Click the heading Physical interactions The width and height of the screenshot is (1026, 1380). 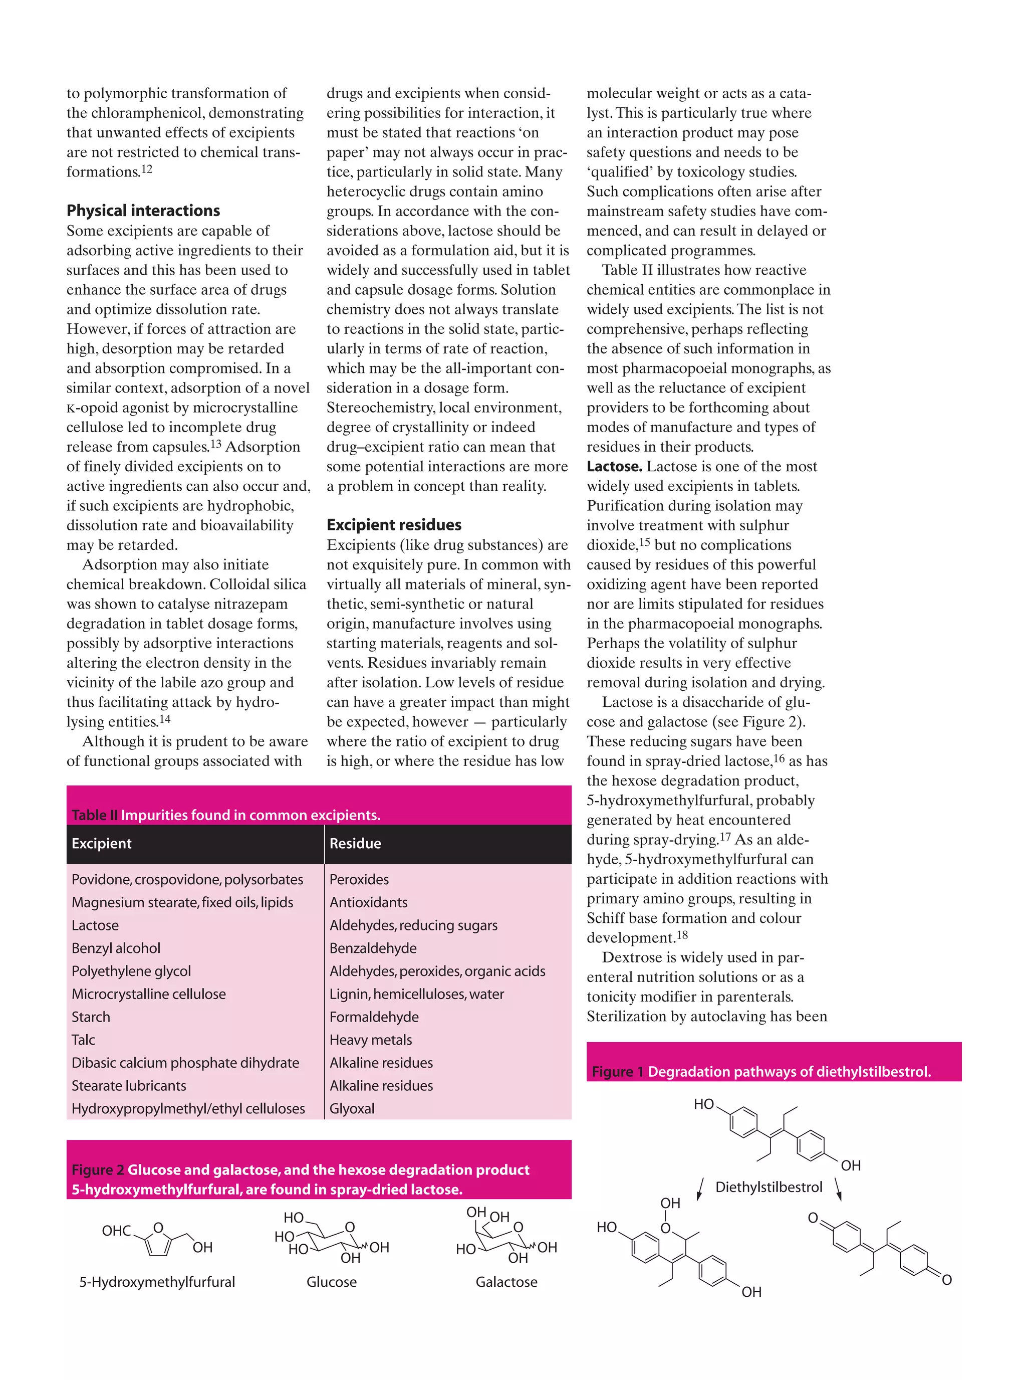(x=143, y=211)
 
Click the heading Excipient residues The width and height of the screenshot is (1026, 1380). (x=394, y=525)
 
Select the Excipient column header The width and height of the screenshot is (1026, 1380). (x=101, y=843)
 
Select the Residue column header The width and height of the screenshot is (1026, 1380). (x=355, y=843)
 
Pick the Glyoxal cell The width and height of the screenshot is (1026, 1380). (x=352, y=1108)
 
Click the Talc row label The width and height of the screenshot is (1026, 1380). (x=83, y=1040)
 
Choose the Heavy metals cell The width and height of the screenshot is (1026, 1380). (x=370, y=1040)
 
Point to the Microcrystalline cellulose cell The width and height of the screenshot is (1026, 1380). (x=148, y=994)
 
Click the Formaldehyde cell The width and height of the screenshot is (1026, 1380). (x=374, y=1017)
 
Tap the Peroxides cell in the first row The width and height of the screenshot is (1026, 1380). (x=359, y=879)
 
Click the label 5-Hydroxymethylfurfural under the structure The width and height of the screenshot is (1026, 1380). (x=157, y=1282)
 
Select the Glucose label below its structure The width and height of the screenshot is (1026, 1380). (x=332, y=1282)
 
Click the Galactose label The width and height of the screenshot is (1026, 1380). (x=506, y=1282)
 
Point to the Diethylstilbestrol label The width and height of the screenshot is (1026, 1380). (x=768, y=1187)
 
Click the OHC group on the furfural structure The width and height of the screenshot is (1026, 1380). (x=116, y=1231)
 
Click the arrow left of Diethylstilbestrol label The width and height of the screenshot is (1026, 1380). (x=700, y=1189)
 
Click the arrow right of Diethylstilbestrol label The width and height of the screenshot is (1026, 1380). (x=839, y=1189)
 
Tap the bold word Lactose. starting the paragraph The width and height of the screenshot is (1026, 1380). (x=614, y=467)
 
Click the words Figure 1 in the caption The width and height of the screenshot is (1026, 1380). (x=617, y=1072)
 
